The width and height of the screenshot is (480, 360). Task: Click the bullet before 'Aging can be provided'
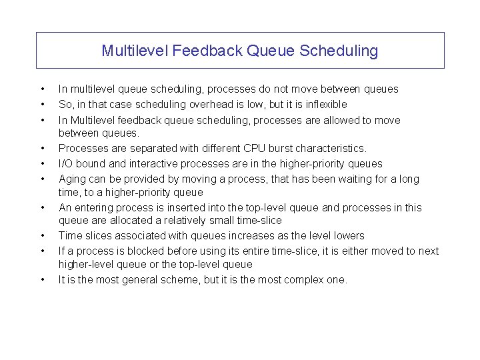[x=42, y=179]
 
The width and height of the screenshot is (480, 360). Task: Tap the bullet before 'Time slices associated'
[x=42, y=235]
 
